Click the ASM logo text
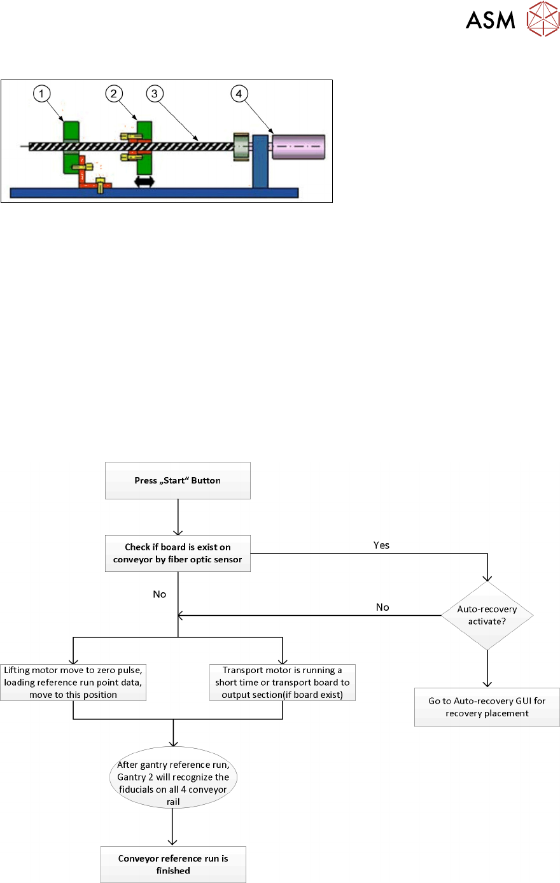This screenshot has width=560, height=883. (490, 20)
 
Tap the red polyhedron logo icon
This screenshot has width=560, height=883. (542, 18)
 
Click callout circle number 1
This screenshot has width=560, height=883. (42, 94)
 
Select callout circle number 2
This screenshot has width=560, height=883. (114, 94)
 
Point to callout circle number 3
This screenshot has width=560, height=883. (154, 94)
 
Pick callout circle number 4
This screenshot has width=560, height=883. (239, 94)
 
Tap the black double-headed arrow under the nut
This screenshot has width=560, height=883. (144, 182)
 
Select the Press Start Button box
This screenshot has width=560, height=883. (178, 481)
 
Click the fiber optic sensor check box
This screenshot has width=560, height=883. (178, 553)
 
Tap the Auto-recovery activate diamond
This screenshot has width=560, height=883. (487, 615)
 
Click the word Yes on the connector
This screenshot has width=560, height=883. (381, 545)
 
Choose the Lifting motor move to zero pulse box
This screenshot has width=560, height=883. (73, 683)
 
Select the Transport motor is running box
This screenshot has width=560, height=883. (282, 683)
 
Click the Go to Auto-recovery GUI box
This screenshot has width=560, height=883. (487, 707)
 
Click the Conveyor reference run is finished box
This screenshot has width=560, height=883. (173, 865)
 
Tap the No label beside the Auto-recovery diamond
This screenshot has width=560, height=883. (382, 607)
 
